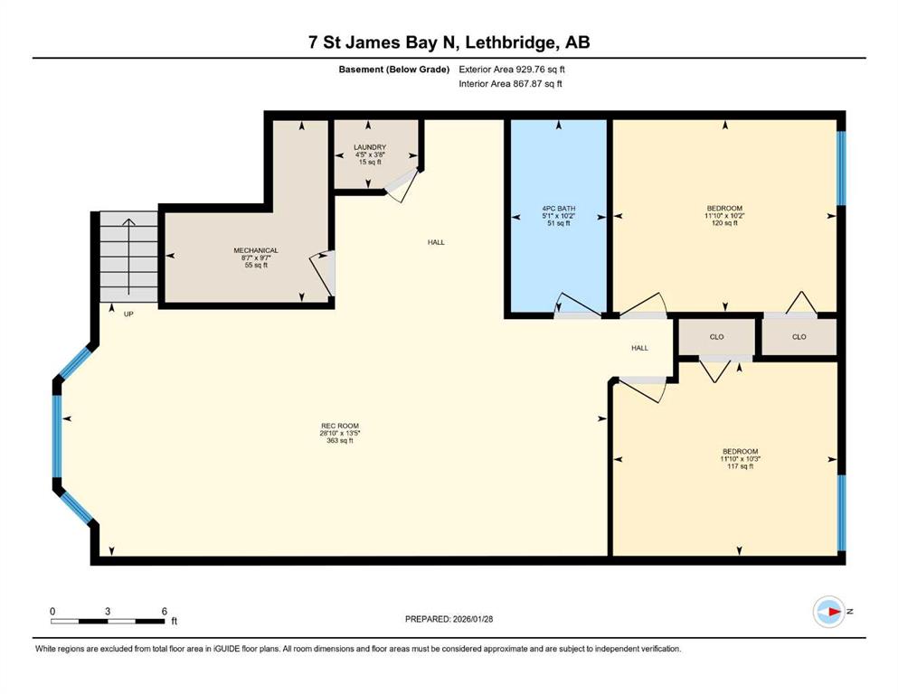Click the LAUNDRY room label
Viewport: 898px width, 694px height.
point(369,147)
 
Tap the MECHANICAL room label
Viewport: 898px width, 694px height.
point(255,250)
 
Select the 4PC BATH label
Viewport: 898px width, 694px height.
point(558,208)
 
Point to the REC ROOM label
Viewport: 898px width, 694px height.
point(340,426)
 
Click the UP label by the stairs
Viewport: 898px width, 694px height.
point(128,314)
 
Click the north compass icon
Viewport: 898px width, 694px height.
point(828,612)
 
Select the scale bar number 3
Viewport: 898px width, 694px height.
point(108,611)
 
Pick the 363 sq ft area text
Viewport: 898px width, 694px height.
point(340,441)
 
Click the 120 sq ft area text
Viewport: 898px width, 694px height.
point(724,223)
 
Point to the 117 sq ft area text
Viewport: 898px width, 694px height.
point(740,466)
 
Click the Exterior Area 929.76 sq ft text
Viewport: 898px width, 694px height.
point(512,70)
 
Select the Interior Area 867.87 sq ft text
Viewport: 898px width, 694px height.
point(510,83)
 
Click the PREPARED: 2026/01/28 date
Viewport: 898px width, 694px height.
point(449,619)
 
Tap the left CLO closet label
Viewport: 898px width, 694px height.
point(716,337)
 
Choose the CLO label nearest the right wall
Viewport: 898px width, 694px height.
point(799,337)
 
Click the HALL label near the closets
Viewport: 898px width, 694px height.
point(639,348)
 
